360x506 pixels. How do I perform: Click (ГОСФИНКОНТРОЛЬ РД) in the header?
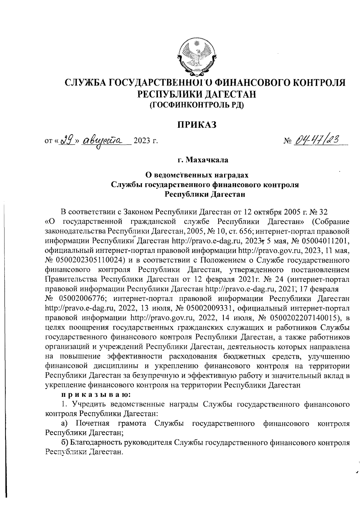pyautogui.click(x=197, y=105)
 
